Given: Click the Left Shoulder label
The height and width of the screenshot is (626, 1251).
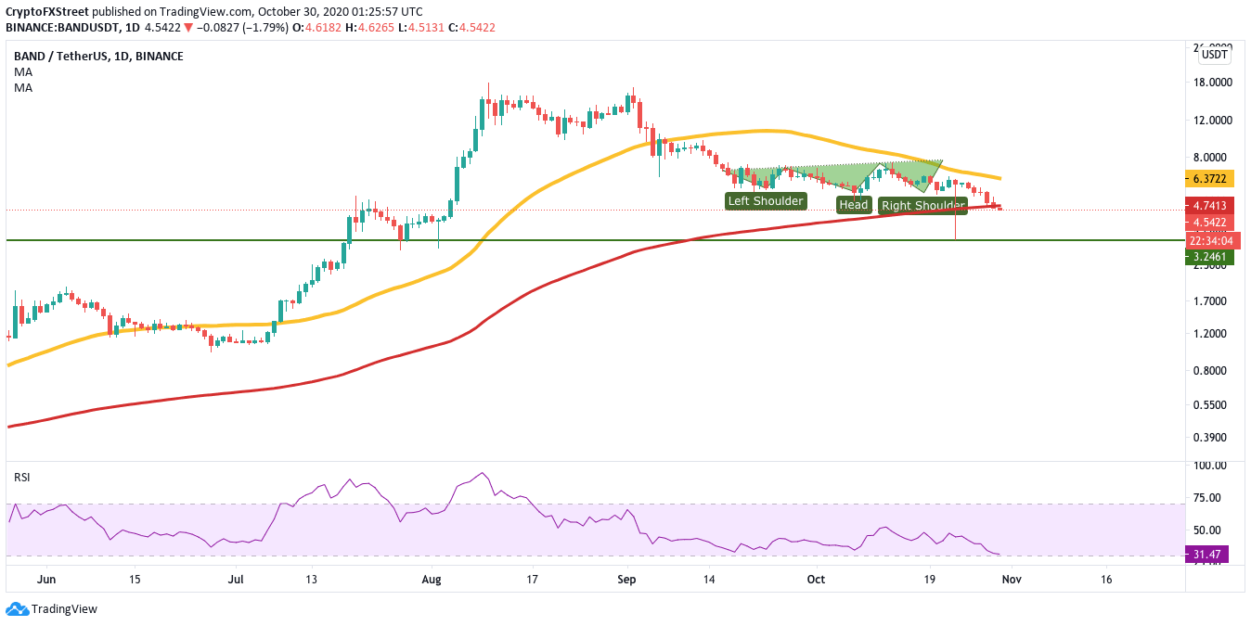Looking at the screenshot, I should point(766,200).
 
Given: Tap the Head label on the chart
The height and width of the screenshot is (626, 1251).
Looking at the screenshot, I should point(854,205).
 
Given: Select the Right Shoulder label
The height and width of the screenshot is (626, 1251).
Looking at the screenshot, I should point(922,206).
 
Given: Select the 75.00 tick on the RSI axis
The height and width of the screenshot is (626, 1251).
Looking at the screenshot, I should point(1210,498).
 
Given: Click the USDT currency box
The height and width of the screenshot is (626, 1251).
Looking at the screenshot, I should point(1214,55).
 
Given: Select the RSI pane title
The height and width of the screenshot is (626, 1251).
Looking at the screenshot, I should point(21,477).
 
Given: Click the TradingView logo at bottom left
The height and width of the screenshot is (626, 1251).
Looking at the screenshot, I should point(52,609).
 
